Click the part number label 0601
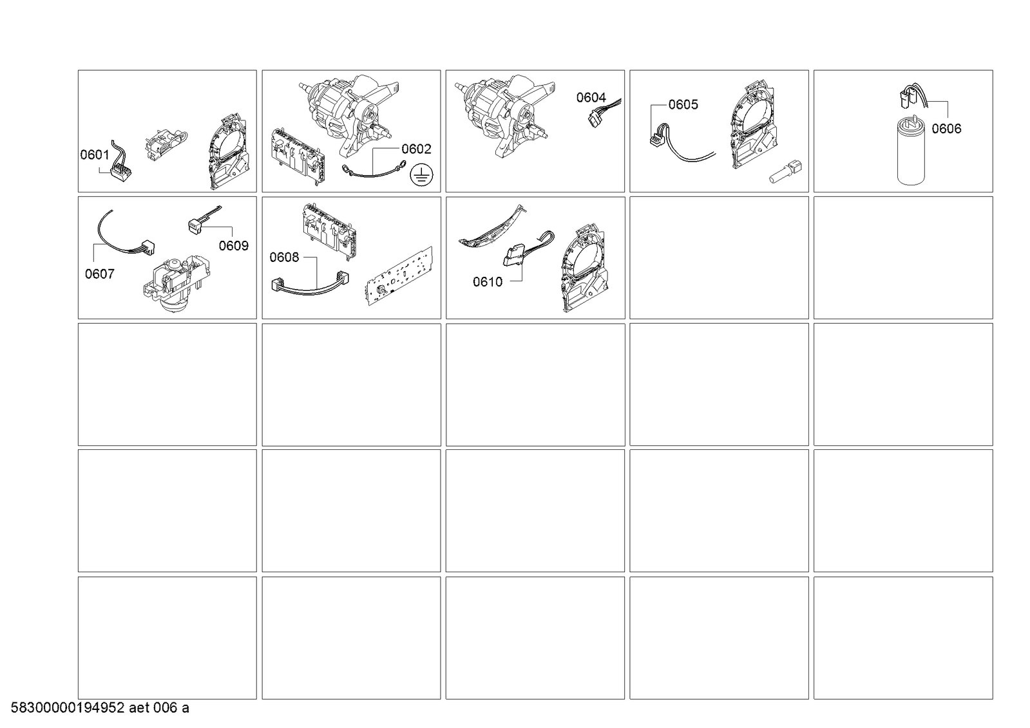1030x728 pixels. coord(95,155)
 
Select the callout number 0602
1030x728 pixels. coord(416,149)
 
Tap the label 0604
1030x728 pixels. coord(591,97)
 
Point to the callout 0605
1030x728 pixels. coord(683,105)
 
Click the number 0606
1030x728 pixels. coord(946,129)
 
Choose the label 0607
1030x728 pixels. coord(99,274)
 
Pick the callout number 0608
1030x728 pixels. coord(284,257)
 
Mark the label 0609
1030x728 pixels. coord(234,246)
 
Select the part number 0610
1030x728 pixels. coord(488,282)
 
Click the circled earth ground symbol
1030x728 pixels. coord(421,175)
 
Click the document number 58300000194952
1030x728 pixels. coord(68,708)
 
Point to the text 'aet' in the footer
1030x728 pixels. coord(139,708)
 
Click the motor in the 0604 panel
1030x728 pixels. coord(505,115)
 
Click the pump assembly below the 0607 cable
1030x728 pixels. coord(177,285)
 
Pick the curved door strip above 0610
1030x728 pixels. coord(493,228)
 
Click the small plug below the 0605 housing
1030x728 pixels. coord(785,172)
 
